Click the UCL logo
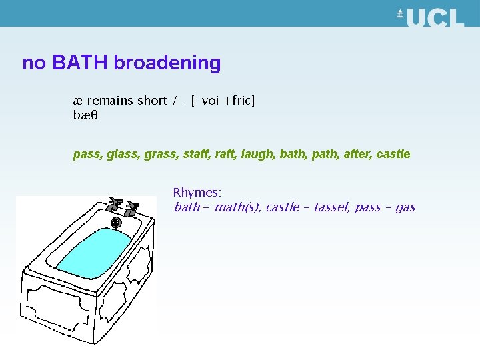430,17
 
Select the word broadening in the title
167,63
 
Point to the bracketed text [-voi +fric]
223,101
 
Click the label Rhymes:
197,193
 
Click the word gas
405,207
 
